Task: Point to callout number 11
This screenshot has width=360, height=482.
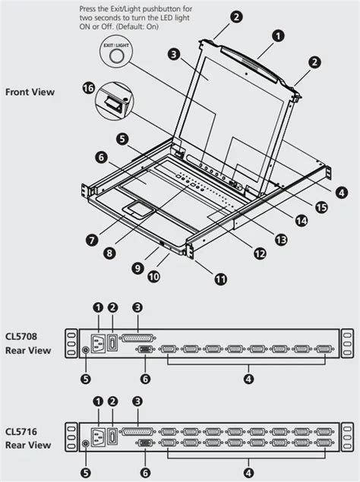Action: point(220,279)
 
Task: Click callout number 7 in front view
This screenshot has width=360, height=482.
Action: point(91,239)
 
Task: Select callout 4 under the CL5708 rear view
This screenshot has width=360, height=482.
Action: point(248,378)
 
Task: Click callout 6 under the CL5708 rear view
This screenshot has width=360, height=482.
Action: point(146,378)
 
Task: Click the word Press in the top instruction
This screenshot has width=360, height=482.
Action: point(88,8)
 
